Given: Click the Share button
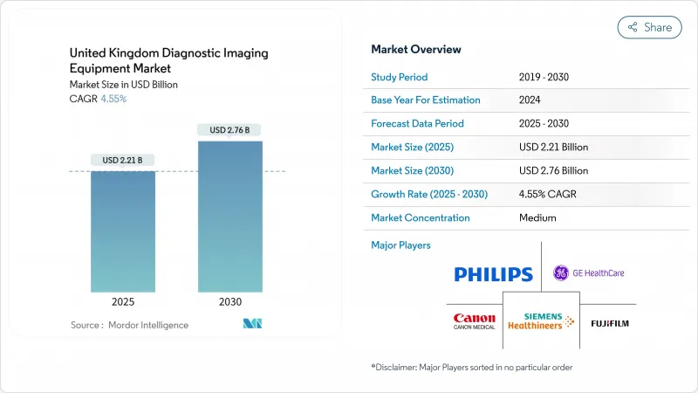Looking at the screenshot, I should click(649, 27).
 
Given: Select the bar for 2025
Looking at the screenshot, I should click(123, 231).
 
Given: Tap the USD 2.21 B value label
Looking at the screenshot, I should click(123, 160).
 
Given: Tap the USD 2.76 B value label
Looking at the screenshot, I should click(230, 130).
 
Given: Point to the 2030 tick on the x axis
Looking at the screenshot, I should click(230, 302).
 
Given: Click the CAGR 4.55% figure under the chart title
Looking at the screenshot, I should click(113, 99).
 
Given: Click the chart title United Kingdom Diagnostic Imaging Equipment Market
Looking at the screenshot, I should click(168, 59).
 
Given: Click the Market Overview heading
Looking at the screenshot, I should click(416, 50).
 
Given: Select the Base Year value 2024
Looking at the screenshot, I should click(530, 100).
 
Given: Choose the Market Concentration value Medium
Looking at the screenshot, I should click(537, 217).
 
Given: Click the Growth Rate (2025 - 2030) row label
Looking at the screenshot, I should click(428, 194).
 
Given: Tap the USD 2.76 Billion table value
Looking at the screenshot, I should click(553, 170).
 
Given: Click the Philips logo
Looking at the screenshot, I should click(493, 274).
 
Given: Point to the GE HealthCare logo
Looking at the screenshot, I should click(589, 273).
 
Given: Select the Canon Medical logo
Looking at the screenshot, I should click(475, 322).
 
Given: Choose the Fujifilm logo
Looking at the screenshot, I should click(609, 323).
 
